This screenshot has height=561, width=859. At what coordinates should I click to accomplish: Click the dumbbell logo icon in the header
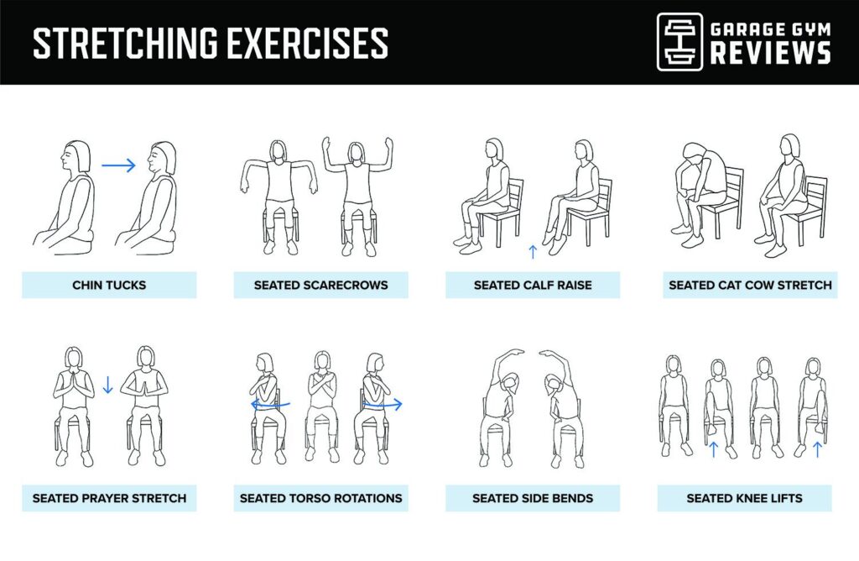pyautogui.click(x=679, y=41)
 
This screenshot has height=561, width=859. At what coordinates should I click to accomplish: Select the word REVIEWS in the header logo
pyautogui.click(x=770, y=53)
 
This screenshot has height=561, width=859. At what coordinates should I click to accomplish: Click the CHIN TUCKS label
pyautogui.click(x=109, y=285)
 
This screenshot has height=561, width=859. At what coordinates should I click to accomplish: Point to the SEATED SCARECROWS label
pyautogui.click(x=321, y=285)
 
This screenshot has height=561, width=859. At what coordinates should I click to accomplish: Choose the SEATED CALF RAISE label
pyautogui.click(x=533, y=285)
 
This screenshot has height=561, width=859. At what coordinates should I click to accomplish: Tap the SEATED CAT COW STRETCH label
pyautogui.click(x=750, y=285)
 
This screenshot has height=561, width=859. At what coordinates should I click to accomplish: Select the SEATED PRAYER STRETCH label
pyautogui.click(x=109, y=498)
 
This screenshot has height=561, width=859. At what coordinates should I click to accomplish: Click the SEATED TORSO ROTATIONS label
pyautogui.click(x=321, y=498)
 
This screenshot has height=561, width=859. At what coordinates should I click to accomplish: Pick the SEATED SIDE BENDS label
pyautogui.click(x=533, y=498)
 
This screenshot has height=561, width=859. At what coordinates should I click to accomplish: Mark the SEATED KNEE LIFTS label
pyautogui.click(x=744, y=498)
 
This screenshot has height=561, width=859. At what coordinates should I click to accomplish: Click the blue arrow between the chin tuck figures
pyautogui.click(x=118, y=165)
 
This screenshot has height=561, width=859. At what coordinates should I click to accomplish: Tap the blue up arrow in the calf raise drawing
pyautogui.click(x=533, y=251)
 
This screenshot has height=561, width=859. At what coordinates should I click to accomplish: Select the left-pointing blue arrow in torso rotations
pyautogui.click(x=268, y=404)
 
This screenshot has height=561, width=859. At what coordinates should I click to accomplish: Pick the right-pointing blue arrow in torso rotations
pyautogui.click(x=383, y=404)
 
